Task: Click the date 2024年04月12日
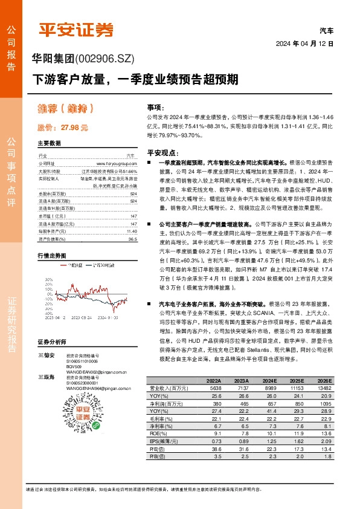click(x=304, y=44)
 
